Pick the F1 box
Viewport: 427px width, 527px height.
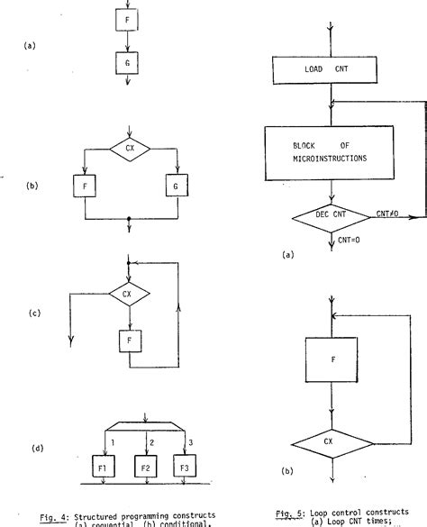[104, 469]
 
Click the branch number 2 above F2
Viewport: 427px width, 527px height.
[150, 441]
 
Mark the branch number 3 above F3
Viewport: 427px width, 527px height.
[190, 441]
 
